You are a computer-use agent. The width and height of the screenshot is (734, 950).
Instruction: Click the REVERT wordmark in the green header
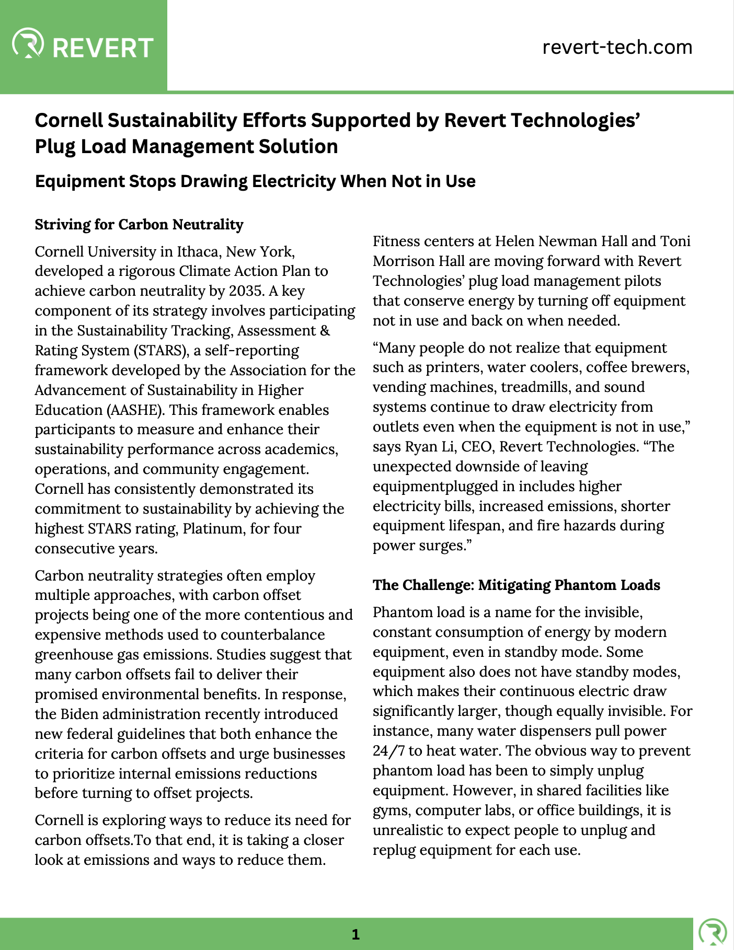point(103,48)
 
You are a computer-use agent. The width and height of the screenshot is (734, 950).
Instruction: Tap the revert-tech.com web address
point(617,47)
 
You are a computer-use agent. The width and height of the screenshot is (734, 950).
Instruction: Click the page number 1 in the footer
point(355,934)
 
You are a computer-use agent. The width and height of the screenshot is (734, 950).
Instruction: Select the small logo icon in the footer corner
point(713,932)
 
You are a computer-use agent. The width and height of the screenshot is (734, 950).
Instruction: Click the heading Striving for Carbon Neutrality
point(139,225)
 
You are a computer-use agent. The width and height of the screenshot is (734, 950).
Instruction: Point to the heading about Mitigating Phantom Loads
point(516,585)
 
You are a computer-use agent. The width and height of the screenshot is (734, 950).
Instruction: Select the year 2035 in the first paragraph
point(246,291)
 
